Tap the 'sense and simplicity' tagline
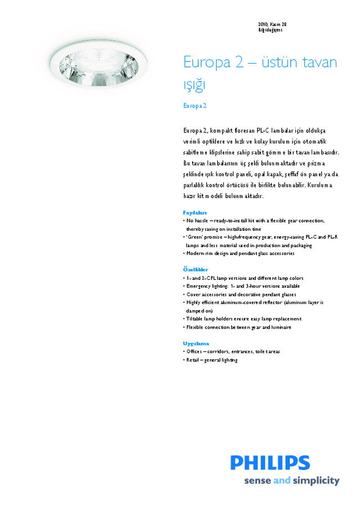tap(291, 481)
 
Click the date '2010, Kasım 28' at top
tap(272, 24)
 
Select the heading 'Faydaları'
tap(195, 213)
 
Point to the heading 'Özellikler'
tap(195, 270)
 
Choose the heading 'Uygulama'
tap(196, 343)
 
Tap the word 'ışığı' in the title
tap(195, 86)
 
